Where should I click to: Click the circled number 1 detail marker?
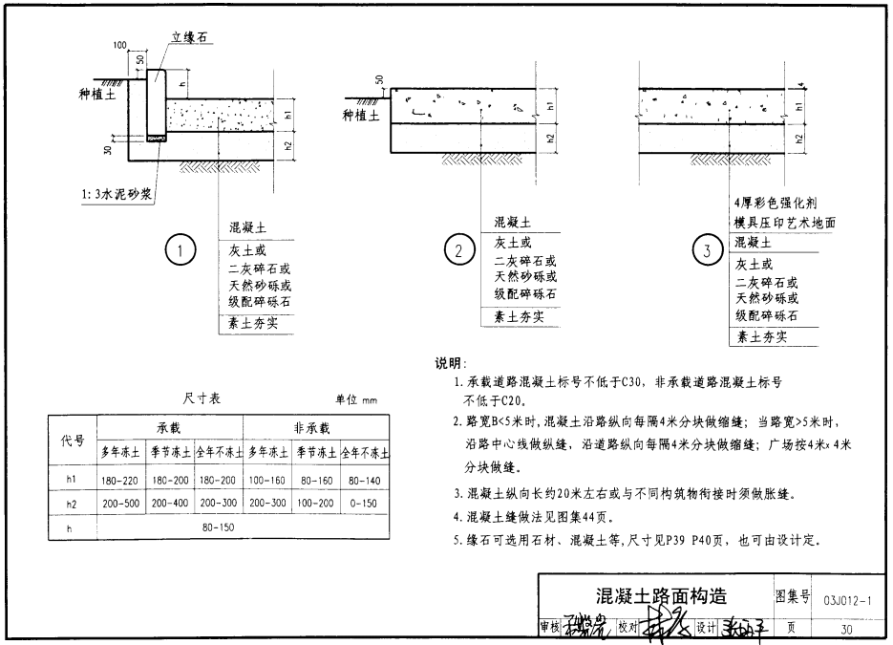(181, 251)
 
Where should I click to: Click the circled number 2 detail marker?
(459, 251)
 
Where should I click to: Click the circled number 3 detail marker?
(707, 251)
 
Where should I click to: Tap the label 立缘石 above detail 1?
(190, 37)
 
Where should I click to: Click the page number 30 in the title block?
(846, 630)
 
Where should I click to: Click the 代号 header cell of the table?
(74, 441)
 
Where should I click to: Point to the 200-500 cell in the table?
(121, 503)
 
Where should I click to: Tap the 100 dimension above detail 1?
(119, 45)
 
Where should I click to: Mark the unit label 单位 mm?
(356, 400)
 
